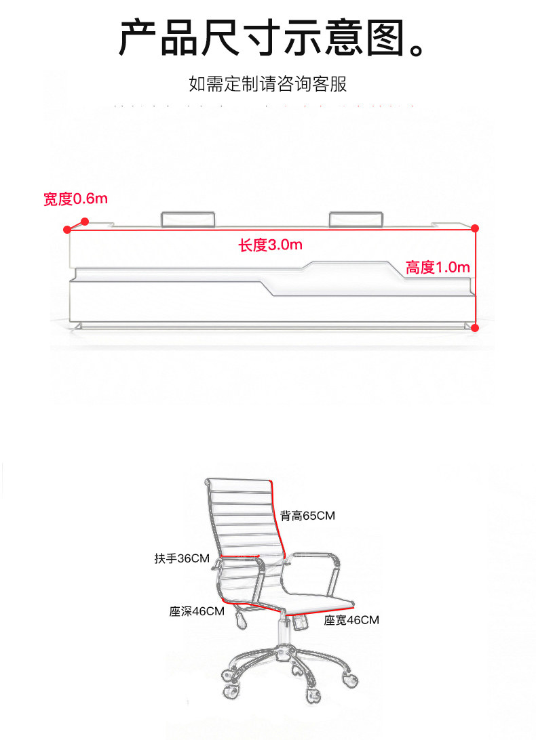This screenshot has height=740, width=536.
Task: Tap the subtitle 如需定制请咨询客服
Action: click(x=268, y=85)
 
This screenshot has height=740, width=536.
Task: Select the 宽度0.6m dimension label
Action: click(x=75, y=199)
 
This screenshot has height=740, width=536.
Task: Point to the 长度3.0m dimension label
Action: click(x=270, y=245)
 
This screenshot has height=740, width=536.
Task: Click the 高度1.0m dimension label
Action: click(x=438, y=267)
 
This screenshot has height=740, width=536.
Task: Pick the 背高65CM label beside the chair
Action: click(x=307, y=516)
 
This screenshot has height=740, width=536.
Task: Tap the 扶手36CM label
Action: click(x=181, y=558)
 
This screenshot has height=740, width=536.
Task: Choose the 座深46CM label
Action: click(x=197, y=611)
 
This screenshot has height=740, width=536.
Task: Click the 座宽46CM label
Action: click(x=351, y=620)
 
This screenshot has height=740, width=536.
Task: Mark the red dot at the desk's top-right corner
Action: click(x=475, y=228)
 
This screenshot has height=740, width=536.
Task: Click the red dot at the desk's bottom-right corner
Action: click(x=475, y=328)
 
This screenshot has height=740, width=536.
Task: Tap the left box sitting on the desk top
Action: click(x=188, y=219)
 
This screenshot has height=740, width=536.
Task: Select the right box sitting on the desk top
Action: click(x=356, y=219)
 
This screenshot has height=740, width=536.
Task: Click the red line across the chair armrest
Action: click(x=240, y=556)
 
